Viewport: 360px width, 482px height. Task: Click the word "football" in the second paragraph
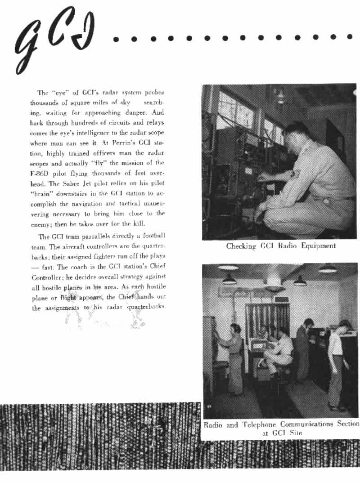(x=154, y=237)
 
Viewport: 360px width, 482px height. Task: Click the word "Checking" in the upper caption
(x=241, y=246)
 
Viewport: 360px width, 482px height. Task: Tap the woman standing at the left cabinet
(x=234, y=355)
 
